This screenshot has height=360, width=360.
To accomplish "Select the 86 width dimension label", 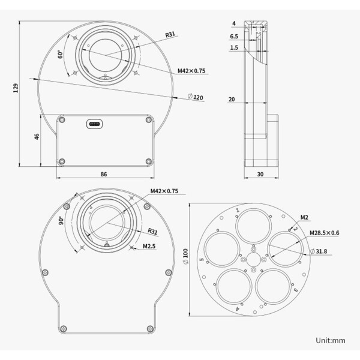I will click(104, 174).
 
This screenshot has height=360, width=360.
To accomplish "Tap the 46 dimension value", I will click(37, 137).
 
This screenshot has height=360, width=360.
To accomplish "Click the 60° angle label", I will click(61, 55).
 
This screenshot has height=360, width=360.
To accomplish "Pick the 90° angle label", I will click(61, 221).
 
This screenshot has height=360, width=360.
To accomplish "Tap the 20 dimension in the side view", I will click(232, 100).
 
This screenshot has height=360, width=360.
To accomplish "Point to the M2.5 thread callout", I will click(149, 245).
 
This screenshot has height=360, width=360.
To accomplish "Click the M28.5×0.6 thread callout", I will click(324, 233).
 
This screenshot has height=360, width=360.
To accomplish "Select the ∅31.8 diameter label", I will click(320, 251).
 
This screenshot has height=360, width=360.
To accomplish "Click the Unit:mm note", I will click(330, 340).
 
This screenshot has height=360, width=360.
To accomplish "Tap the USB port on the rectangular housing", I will click(95, 125).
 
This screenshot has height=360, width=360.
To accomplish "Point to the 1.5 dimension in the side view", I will click(233, 47).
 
